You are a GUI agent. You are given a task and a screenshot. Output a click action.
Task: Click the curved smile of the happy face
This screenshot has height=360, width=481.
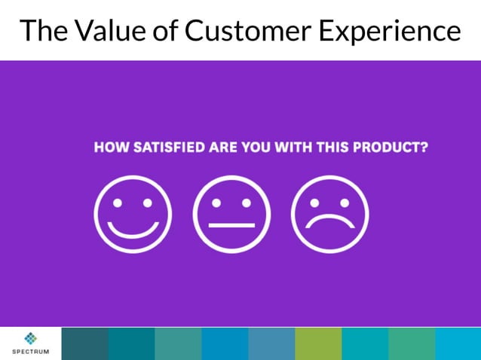133,228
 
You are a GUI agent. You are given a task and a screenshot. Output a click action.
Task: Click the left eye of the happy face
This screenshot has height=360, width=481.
118,203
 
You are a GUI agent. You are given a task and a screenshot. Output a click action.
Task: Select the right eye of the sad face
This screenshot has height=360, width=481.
344,203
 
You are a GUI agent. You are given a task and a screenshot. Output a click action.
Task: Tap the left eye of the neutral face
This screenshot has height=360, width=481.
216,203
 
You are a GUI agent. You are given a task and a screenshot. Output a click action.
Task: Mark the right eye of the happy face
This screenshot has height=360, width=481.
147,203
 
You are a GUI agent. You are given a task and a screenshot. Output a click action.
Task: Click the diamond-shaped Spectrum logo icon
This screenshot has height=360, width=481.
30,338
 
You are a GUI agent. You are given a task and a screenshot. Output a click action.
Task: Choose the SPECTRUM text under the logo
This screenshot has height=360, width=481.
30,352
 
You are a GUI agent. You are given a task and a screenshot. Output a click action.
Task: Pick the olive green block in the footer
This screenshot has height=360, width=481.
318,343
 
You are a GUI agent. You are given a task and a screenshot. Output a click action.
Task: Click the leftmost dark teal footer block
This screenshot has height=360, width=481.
84,343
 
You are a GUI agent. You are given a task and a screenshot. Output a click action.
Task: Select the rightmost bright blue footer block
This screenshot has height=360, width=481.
458,343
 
